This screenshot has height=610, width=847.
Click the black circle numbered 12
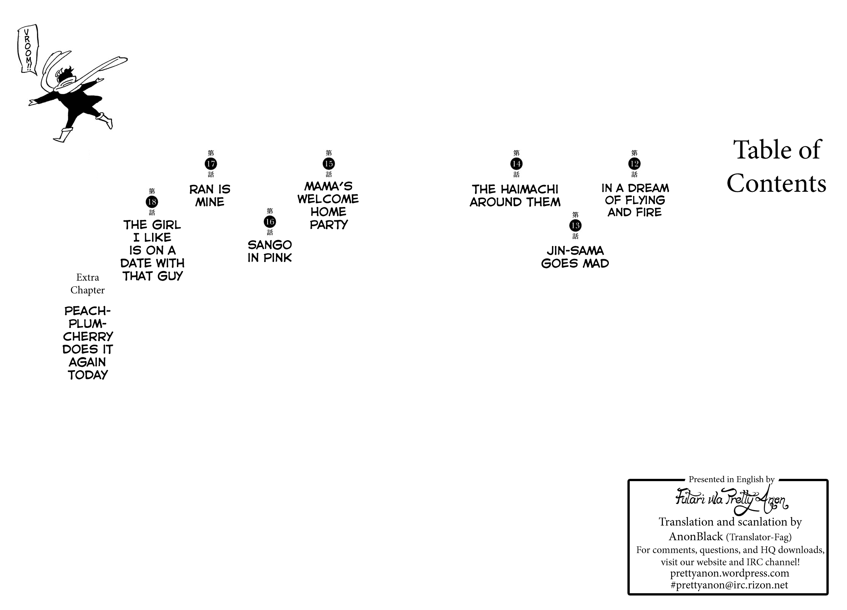point(634,164)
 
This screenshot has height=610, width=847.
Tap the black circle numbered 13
point(575,226)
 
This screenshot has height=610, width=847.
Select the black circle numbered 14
point(516,164)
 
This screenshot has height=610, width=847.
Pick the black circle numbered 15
point(329,164)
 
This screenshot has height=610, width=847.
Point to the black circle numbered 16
point(270,222)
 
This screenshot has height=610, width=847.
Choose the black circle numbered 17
point(211,164)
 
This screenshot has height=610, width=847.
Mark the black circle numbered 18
point(152,202)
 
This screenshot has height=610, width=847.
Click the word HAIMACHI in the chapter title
point(529,189)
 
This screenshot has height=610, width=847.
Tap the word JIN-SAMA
point(575,250)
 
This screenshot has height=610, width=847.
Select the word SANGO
point(270,245)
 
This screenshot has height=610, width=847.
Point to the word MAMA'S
point(329,186)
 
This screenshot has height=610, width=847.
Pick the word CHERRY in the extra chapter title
point(88,337)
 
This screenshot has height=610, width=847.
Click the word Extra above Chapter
point(88,277)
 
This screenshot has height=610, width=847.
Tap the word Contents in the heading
point(776,183)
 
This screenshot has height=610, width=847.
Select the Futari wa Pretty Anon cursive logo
point(732,500)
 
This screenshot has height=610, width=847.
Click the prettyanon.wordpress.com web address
point(730,573)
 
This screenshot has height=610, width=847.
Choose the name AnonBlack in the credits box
point(696,536)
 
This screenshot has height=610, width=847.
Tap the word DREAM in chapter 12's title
point(648,188)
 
